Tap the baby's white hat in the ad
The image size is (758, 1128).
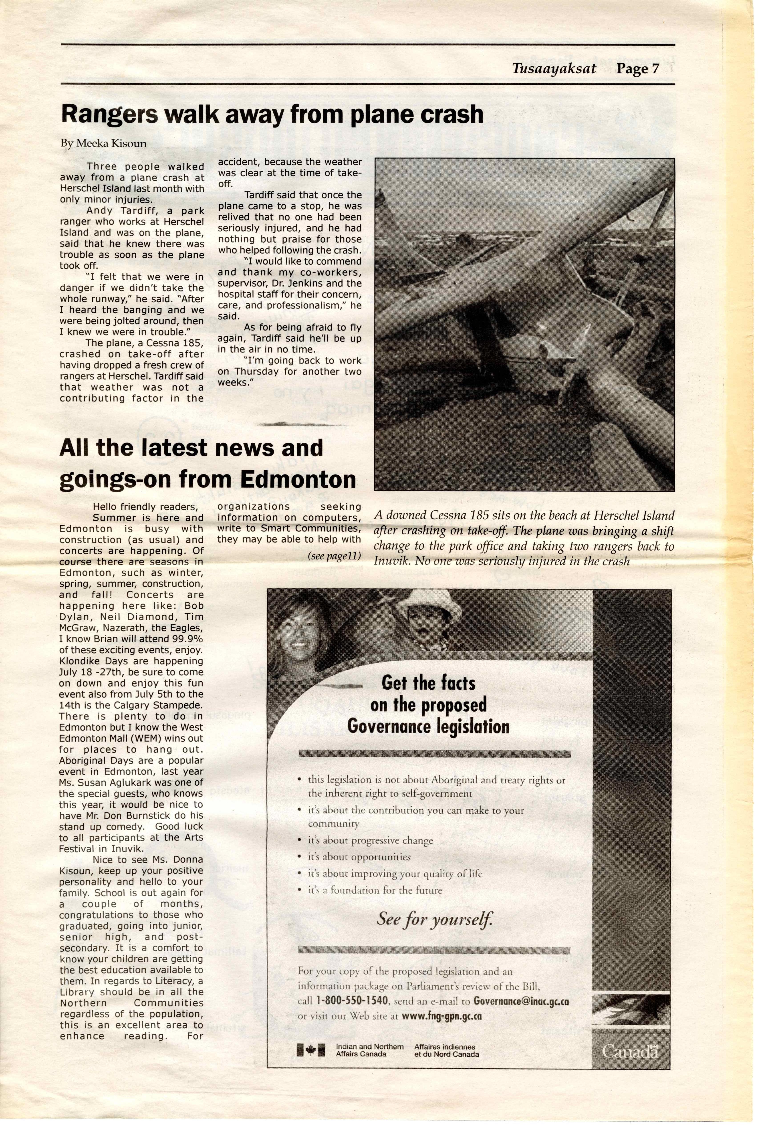pos(428,606)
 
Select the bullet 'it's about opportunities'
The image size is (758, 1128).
pos(359,857)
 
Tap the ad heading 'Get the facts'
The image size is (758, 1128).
pos(428,683)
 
